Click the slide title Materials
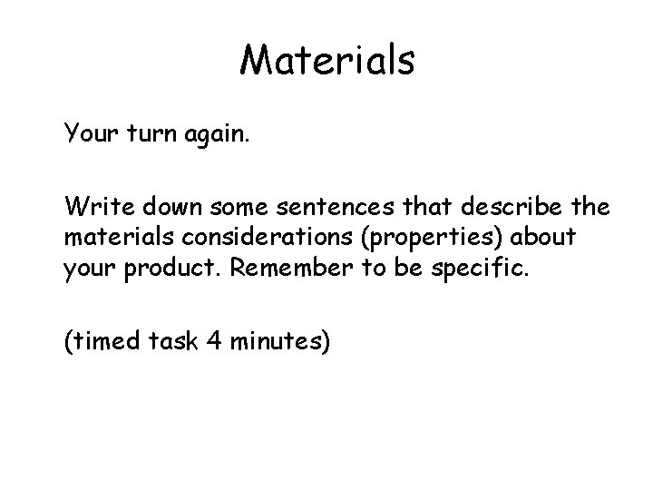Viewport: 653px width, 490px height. pyautogui.click(x=326, y=61)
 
